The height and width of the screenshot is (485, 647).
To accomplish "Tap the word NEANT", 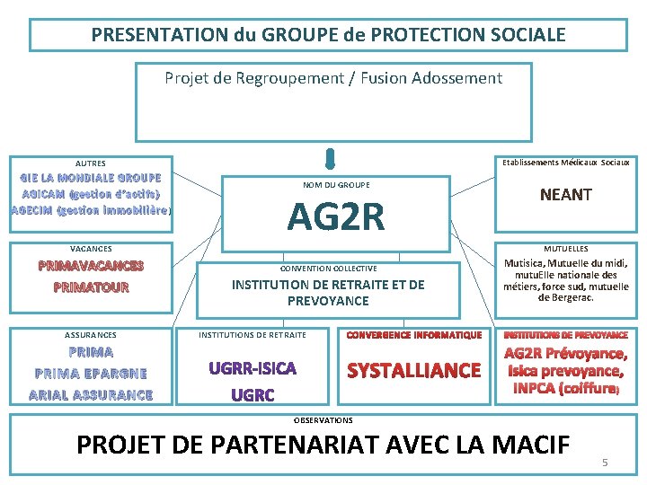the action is (565, 195).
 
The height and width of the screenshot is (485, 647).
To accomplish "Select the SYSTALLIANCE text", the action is (413, 370).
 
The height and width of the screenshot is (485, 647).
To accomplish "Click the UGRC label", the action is (253, 394).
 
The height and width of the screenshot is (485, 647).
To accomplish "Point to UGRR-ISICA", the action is (253, 368).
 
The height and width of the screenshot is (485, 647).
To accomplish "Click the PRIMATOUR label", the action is (91, 287).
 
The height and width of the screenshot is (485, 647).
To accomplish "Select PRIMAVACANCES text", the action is (91, 266).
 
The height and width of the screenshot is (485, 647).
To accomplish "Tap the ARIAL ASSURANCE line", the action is (91, 394).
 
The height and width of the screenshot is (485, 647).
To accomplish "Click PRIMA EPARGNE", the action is (91, 373).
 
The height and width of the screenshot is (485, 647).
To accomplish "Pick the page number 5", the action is (605, 463).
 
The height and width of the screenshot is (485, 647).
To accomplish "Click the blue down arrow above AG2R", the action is (331, 159).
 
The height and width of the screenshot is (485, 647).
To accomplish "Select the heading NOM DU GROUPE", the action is (336, 185).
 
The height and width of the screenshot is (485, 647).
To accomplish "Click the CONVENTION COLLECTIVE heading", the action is (328, 269).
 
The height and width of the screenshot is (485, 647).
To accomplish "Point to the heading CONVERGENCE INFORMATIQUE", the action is (413, 335).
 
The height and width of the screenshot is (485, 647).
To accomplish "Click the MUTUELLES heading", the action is (565, 248).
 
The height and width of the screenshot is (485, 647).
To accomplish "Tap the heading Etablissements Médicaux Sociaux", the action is (565, 162).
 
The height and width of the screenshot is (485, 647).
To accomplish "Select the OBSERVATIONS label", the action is (323, 419).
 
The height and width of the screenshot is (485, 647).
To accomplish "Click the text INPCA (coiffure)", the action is (565, 389).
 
